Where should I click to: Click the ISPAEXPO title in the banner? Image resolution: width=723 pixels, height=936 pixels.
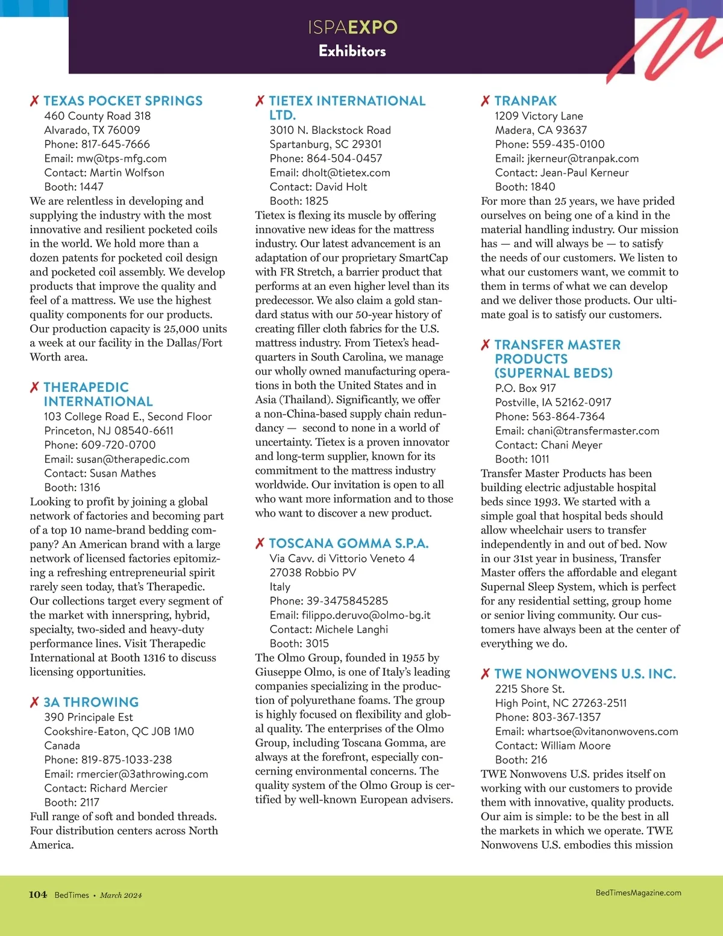352,27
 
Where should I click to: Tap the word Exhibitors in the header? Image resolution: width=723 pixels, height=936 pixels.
352,51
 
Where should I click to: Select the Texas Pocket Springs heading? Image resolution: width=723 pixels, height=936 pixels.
123,101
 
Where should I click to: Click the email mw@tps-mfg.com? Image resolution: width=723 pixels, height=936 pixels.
121,159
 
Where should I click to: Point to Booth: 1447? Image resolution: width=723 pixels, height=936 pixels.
74,187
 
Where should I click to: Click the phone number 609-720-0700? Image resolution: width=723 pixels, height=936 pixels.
118,445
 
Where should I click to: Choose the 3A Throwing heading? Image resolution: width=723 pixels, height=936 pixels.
91,702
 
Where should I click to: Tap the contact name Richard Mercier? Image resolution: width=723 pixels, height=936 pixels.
128,788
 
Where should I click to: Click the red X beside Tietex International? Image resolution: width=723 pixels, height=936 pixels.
260,101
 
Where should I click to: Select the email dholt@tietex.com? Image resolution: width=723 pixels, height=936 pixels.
346,173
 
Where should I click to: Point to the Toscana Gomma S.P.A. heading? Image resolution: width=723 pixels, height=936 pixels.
348,544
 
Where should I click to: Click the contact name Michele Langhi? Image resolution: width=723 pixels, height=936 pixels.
351,629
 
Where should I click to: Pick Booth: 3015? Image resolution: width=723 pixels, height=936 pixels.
299,644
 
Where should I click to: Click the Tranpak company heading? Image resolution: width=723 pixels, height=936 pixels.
525,101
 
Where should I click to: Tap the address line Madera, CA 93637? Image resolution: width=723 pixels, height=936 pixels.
540,130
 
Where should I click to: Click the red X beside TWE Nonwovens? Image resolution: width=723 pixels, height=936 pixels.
485,674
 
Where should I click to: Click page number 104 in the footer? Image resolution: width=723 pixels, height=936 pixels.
38,894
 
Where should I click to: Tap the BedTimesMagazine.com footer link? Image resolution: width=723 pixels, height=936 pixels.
638,893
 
